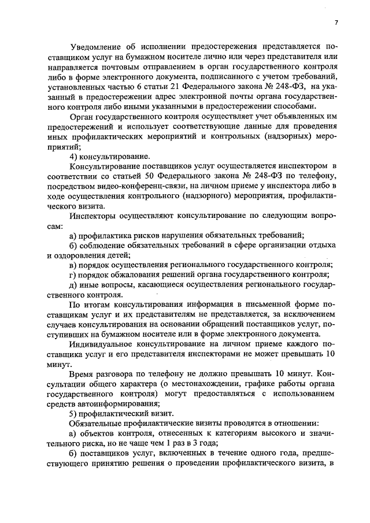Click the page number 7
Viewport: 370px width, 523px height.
(335, 23)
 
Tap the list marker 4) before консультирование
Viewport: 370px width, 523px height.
(74, 156)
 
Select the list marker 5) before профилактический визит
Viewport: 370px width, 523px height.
(74, 413)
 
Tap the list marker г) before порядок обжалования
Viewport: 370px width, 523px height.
(73, 275)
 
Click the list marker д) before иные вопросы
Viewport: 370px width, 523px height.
(73, 285)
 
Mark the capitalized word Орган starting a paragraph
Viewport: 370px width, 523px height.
(82, 117)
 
